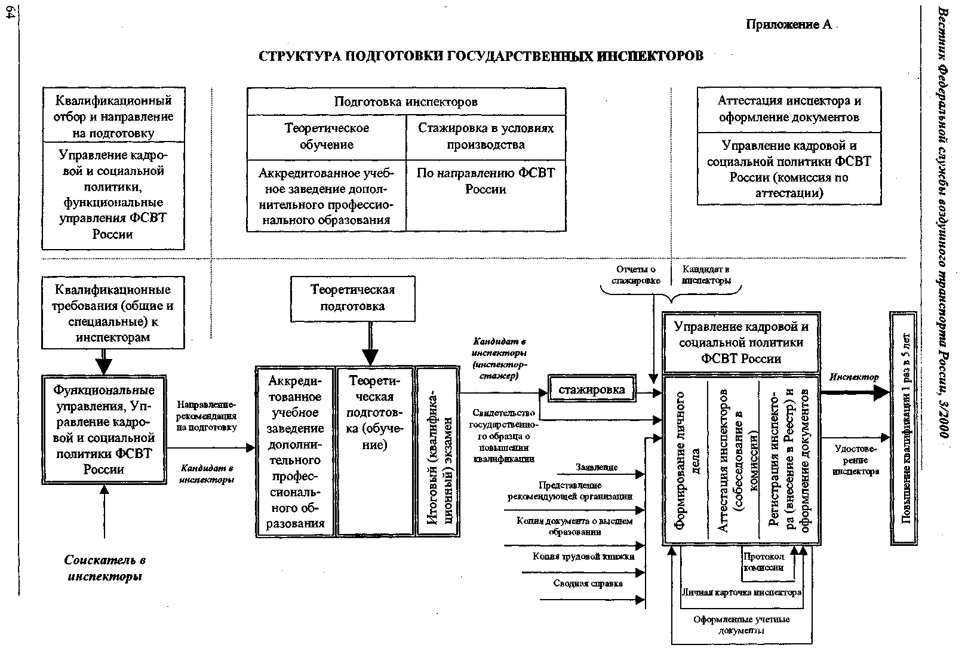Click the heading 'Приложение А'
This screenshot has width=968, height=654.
(788, 25)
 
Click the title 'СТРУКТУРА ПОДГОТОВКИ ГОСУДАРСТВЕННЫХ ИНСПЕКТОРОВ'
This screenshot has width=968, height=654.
(481, 56)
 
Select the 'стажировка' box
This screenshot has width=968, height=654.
(592, 390)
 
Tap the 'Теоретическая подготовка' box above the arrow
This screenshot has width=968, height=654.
(352, 298)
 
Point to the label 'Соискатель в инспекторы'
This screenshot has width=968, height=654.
(105, 568)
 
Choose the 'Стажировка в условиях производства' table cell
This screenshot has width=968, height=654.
(485, 136)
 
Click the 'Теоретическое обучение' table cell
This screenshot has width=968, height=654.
(327, 136)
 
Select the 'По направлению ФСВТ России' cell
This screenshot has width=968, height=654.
(485, 181)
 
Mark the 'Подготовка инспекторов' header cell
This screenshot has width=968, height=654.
(406, 102)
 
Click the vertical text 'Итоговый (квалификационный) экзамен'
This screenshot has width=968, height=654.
(438, 452)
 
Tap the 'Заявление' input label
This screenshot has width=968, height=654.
(597, 467)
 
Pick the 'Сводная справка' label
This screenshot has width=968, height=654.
(588, 583)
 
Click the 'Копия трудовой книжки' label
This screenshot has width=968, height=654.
(583, 556)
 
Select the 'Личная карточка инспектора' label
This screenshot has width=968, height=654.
(741, 592)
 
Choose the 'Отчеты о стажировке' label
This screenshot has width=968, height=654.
(636, 275)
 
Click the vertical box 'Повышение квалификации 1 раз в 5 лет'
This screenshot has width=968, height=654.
(904, 428)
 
